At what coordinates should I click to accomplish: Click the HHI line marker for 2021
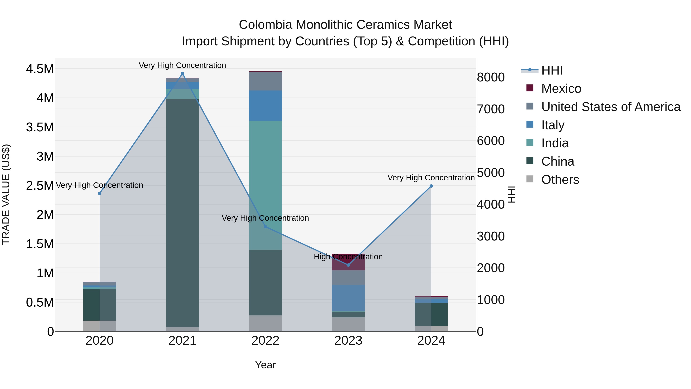[x=182, y=74]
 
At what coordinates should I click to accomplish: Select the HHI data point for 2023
[x=348, y=265]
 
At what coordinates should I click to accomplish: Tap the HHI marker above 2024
[x=431, y=186]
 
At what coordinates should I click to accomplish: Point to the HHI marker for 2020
[x=99, y=193]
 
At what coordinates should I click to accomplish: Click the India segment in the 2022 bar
[x=265, y=185]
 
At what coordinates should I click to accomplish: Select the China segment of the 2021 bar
[x=182, y=212]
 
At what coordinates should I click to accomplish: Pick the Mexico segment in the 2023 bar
[x=348, y=262]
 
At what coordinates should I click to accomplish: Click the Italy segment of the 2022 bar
[x=265, y=105]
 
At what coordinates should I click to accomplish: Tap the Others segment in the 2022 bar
[x=265, y=323]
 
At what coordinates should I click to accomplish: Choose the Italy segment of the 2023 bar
[x=348, y=298]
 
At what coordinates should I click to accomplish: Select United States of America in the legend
[x=611, y=107]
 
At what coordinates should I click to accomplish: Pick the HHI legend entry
[x=552, y=70]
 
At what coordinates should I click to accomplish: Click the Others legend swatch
[x=530, y=179]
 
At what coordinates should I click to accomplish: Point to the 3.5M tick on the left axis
[x=40, y=127]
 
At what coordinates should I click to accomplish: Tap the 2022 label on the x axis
[x=265, y=341]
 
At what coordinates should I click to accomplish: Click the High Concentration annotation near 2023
[x=348, y=257]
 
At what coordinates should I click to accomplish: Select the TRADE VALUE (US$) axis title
[x=6, y=194]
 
